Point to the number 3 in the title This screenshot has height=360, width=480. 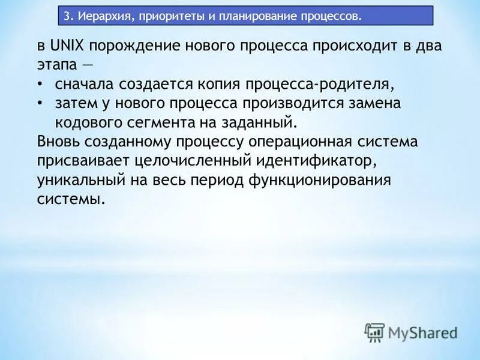click(67, 15)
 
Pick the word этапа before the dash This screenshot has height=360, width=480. click(58, 65)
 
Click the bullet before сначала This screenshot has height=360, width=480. click(40, 84)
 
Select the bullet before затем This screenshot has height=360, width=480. click(40, 103)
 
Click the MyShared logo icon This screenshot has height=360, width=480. click(374, 332)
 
